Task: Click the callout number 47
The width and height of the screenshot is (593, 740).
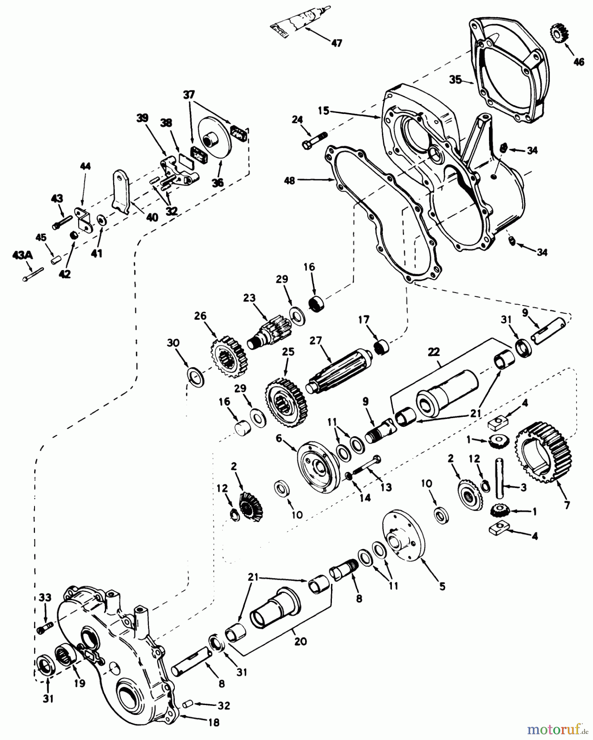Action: point(336,43)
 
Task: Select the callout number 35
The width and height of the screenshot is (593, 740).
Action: point(455,80)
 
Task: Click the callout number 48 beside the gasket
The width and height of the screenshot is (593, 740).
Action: point(290,180)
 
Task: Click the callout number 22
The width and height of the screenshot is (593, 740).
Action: point(433,352)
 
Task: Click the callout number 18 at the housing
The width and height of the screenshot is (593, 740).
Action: point(214,722)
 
